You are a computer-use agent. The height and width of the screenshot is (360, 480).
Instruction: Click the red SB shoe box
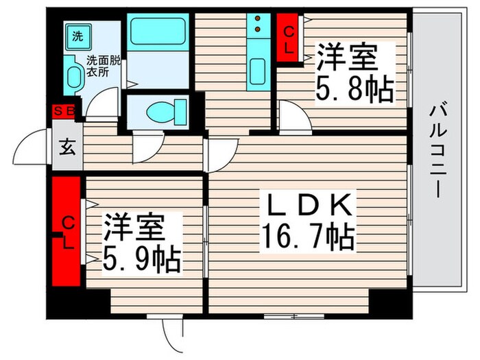64,109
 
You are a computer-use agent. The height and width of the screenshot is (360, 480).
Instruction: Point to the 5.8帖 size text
354,91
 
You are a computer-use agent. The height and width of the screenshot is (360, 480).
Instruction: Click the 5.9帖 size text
142,260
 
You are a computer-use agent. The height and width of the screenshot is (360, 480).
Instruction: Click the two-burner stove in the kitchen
259,25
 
